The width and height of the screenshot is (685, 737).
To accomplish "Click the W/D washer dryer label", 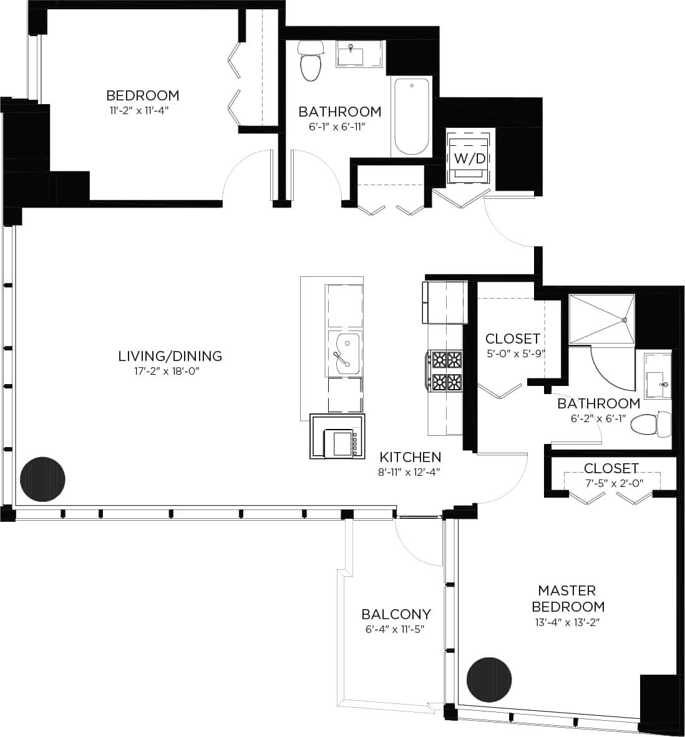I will [469, 158].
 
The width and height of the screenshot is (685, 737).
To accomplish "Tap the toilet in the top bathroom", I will [310, 62].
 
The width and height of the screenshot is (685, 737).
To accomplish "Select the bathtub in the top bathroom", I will [411, 117].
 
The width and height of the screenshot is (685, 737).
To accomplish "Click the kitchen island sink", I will [344, 354].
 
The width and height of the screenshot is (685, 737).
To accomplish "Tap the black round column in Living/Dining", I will [43, 479].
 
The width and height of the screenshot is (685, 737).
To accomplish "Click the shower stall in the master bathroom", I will [601, 319].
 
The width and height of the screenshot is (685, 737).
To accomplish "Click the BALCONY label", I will [396, 614].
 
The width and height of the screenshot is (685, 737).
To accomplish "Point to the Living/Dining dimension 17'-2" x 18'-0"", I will [170, 371].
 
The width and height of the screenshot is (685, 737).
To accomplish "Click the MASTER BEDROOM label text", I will [567, 598].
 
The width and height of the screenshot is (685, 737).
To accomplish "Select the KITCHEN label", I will [410, 457].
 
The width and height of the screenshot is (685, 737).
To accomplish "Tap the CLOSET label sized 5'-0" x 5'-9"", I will [512, 339].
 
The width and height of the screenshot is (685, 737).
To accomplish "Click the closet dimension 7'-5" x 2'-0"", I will [611, 483].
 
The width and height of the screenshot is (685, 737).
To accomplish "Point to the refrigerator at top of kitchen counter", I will [444, 302].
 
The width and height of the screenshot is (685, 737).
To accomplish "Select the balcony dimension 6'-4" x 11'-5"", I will [395, 629].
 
